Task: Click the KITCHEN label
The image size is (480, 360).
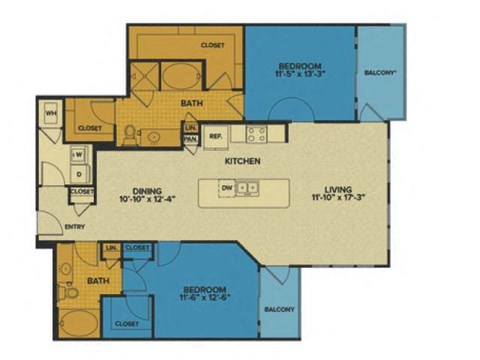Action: (x=243, y=161)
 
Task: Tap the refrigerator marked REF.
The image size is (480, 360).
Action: (x=215, y=136)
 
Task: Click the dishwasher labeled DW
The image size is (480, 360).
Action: (x=227, y=186)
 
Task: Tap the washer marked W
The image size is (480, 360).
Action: (x=76, y=155)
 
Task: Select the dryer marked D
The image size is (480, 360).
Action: (x=77, y=174)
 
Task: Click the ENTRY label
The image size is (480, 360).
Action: (x=75, y=228)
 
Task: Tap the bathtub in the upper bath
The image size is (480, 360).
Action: (x=181, y=77)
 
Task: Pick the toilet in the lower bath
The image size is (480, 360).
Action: (x=71, y=293)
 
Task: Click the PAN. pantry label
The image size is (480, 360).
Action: (x=190, y=139)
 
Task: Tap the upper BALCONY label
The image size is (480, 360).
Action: (x=381, y=73)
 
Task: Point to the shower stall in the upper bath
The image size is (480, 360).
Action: (x=143, y=76)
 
